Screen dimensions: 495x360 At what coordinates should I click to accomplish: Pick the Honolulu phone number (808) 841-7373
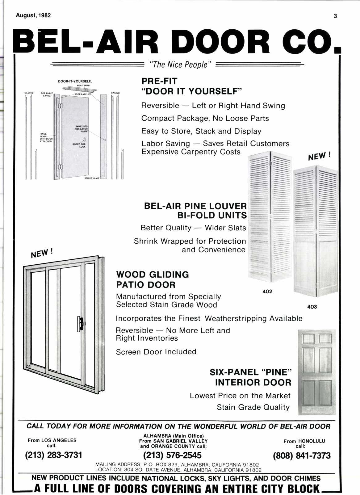click(x=302, y=455)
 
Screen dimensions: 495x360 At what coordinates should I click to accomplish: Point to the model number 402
click(x=267, y=292)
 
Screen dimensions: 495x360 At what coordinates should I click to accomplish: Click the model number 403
click(x=312, y=307)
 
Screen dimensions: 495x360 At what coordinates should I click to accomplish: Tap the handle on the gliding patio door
click(x=80, y=324)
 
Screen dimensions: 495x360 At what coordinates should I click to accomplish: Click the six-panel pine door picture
click(x=317, y=372)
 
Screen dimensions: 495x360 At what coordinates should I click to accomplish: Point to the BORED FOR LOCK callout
click(x=79, y=145)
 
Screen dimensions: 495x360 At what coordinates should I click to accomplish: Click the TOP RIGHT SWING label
click(x=47, y=94)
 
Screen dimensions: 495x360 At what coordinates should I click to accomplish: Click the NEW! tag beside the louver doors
click(x=319, y=157)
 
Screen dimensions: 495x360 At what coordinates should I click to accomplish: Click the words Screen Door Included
click(x=156, y=352)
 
